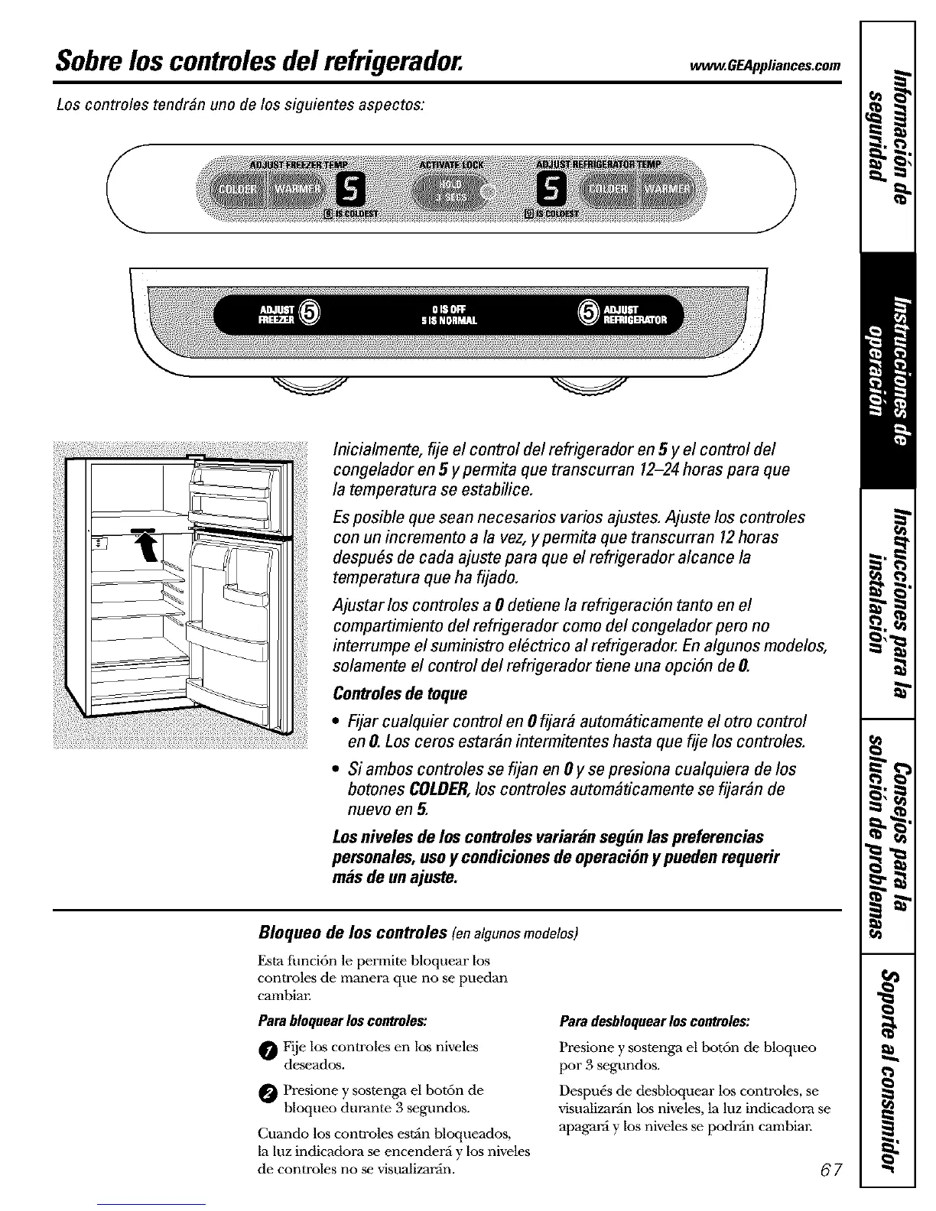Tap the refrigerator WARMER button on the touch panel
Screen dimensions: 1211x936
665,188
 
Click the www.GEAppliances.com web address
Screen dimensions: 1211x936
765,63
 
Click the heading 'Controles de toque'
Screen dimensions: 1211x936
400,693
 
